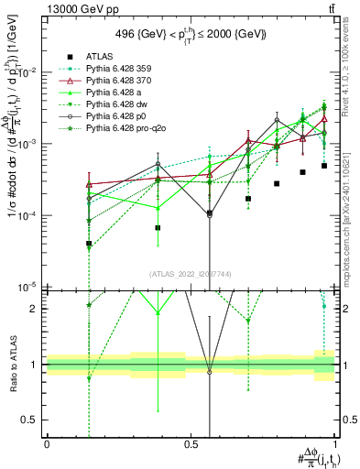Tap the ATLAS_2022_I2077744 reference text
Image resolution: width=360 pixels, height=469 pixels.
point(191,274)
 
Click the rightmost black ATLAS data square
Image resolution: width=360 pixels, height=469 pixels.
point(324,166)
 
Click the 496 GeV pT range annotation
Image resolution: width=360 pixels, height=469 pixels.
point(191,35)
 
